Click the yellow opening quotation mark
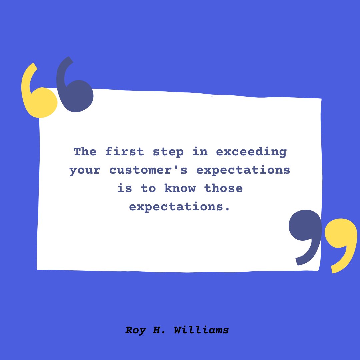[37, 97]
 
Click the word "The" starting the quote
[85, 152]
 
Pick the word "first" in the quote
[125, 152]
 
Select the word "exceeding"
[251, 152]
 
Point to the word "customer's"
[149, 170]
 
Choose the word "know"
[180, 188]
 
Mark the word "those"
[223, 188]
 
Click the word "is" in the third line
[125, 188]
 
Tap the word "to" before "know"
[148, 189]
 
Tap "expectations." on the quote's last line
[180, 207]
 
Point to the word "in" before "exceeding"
[200, 152]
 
